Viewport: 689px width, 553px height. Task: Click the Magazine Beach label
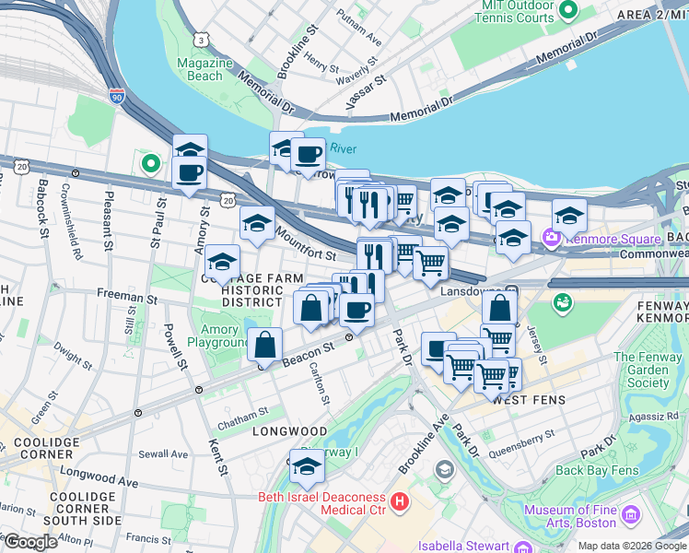(x=204, y=69)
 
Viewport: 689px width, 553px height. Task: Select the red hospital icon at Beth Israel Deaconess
(x=400, y=502)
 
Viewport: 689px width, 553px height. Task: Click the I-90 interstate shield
(x=116, y=95)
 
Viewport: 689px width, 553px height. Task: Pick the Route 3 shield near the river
(x=200, y=39)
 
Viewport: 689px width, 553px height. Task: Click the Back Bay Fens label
(x=597, y=470)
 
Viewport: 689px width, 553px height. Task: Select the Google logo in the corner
(x=29, y=542)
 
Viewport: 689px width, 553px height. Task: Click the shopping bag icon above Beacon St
(x=264, y=345)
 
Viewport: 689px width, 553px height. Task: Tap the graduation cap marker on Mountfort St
(x=257, y=222)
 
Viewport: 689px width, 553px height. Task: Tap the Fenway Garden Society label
(x=648, y=370)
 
